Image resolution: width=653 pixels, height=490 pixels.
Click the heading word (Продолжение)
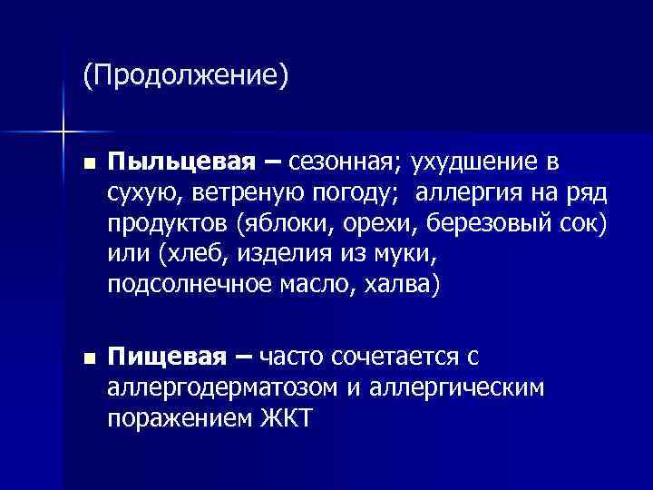click(x=185, y=75)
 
